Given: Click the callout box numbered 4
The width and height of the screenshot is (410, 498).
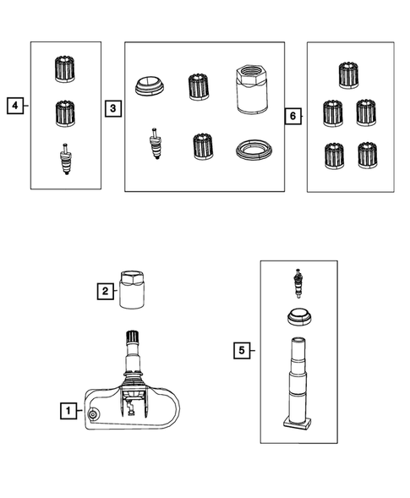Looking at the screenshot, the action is pos(15,106).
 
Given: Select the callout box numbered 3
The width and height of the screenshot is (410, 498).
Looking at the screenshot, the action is pos(113,108).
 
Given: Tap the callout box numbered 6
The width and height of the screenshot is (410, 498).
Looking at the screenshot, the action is pos(292,116).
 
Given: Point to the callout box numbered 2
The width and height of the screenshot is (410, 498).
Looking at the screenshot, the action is pos(105,291).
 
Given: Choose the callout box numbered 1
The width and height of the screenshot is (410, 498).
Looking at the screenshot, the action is pos(68,411).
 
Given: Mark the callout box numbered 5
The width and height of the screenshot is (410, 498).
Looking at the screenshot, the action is pos(242,351).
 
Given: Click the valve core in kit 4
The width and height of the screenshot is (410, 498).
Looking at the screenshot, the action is pos(66,159).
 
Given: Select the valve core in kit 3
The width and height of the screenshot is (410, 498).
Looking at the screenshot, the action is pos(155,143).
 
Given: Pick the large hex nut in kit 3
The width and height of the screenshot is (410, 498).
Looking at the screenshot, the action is pos(252,90).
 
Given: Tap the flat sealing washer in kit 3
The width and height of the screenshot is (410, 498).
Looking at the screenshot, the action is pos(254,150).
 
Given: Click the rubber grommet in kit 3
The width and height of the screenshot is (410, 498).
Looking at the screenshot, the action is pos(150,85).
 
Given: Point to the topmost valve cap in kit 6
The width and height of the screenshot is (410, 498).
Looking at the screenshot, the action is pos(348,75).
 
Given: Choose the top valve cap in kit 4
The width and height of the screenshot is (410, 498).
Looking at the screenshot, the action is pos(65,69).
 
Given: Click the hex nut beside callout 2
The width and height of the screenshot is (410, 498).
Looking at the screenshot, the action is pos(132,289).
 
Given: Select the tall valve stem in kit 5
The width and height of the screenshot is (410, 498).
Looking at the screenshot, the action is pos(297,383).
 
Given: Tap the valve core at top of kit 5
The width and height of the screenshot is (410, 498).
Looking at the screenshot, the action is pos(298,283).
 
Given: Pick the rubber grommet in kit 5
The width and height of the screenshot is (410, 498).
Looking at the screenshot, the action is pos(299,316).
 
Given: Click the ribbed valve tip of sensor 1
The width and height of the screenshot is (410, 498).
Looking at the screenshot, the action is pos(132,337).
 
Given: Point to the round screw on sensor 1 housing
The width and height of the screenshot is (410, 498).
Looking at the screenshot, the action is pos(93,414).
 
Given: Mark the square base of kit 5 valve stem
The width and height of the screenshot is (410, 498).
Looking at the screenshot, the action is pos(297,423).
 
